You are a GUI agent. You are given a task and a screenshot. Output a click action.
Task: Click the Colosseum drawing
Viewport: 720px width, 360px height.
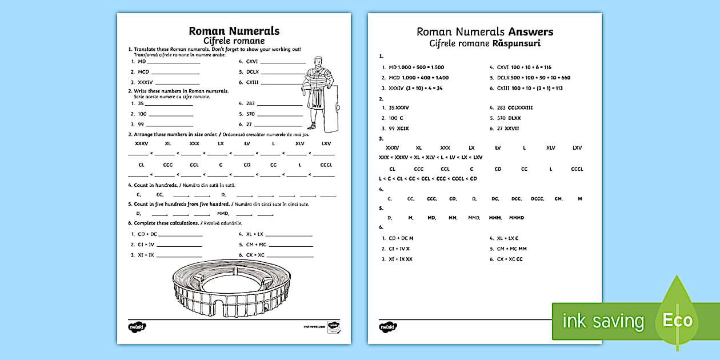pos(234,289)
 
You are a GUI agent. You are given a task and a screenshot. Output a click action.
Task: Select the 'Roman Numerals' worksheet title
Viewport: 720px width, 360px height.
pos(234,31)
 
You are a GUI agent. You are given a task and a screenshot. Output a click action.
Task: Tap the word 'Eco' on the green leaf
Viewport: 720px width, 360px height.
pos(677,320)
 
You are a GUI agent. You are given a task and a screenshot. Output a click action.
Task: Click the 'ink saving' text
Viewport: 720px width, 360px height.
pos(602,321)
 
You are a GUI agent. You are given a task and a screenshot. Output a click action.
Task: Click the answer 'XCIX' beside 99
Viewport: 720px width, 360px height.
pos(403,129)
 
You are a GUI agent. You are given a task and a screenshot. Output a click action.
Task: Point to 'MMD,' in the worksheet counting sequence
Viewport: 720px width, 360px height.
pos(223,213)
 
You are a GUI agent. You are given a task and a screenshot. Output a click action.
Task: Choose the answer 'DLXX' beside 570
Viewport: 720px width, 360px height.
pos(514,118)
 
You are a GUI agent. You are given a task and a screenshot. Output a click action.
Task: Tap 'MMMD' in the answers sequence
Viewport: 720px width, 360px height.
pos(516,218)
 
